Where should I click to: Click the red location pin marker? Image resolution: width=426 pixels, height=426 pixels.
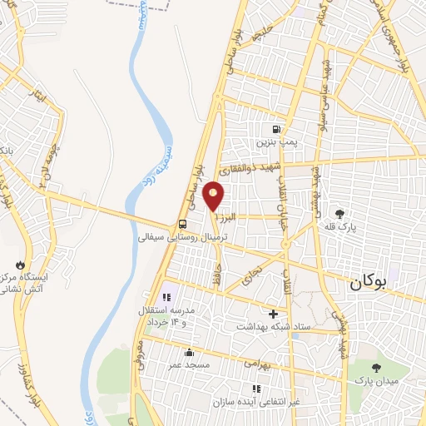coord(215,196)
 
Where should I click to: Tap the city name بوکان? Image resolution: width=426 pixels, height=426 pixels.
coord(369,282)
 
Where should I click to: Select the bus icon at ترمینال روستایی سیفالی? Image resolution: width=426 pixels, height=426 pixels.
coord(182,223)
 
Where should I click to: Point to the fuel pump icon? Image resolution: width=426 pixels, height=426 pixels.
coord(275,130)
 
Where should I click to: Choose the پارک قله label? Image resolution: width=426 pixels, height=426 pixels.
coord(339,227)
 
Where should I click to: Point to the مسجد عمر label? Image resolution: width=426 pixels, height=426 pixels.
coord(186,364)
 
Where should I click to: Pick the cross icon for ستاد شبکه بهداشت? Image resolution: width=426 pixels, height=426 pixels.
coord(272,314)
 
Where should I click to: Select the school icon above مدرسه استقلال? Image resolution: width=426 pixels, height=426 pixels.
coord(166,295)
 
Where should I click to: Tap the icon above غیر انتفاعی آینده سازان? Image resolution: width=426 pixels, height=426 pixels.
coord(256,389)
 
